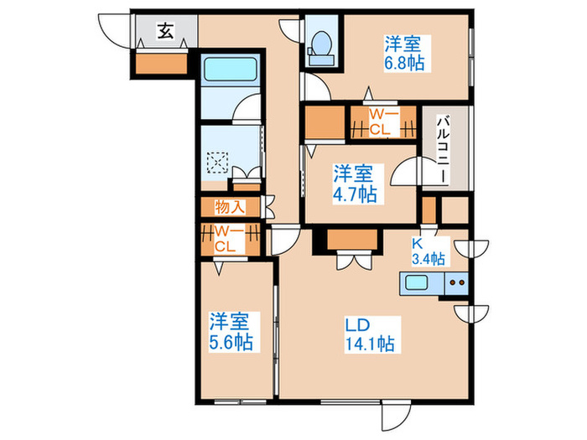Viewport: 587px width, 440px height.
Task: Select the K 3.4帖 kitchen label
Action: tap(428, 251)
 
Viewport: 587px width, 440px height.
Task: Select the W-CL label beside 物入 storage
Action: tap(226, 239)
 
